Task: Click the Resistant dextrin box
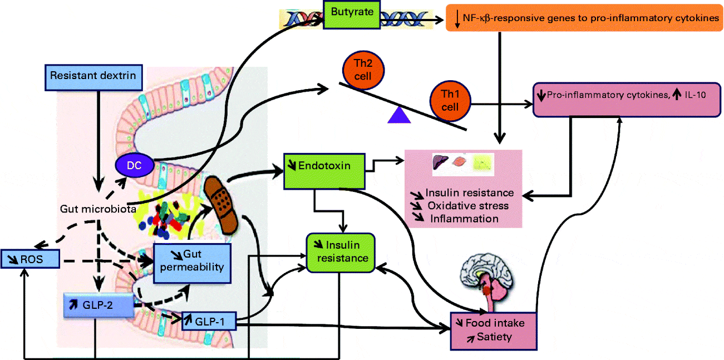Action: click(93, 76)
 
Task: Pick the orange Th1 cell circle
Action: click(450, 100)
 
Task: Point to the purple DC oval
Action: click(135, 165)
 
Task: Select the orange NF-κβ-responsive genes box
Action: click(584, 19)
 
